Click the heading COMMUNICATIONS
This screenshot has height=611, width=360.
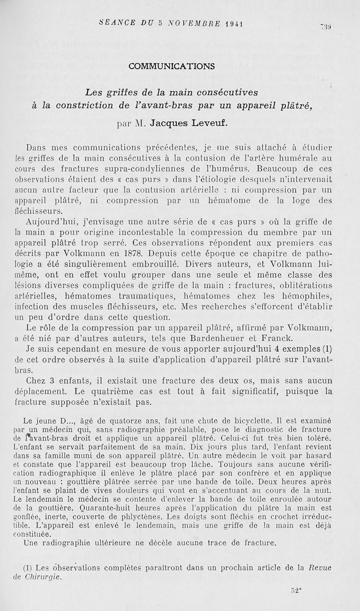tap(171, 66)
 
